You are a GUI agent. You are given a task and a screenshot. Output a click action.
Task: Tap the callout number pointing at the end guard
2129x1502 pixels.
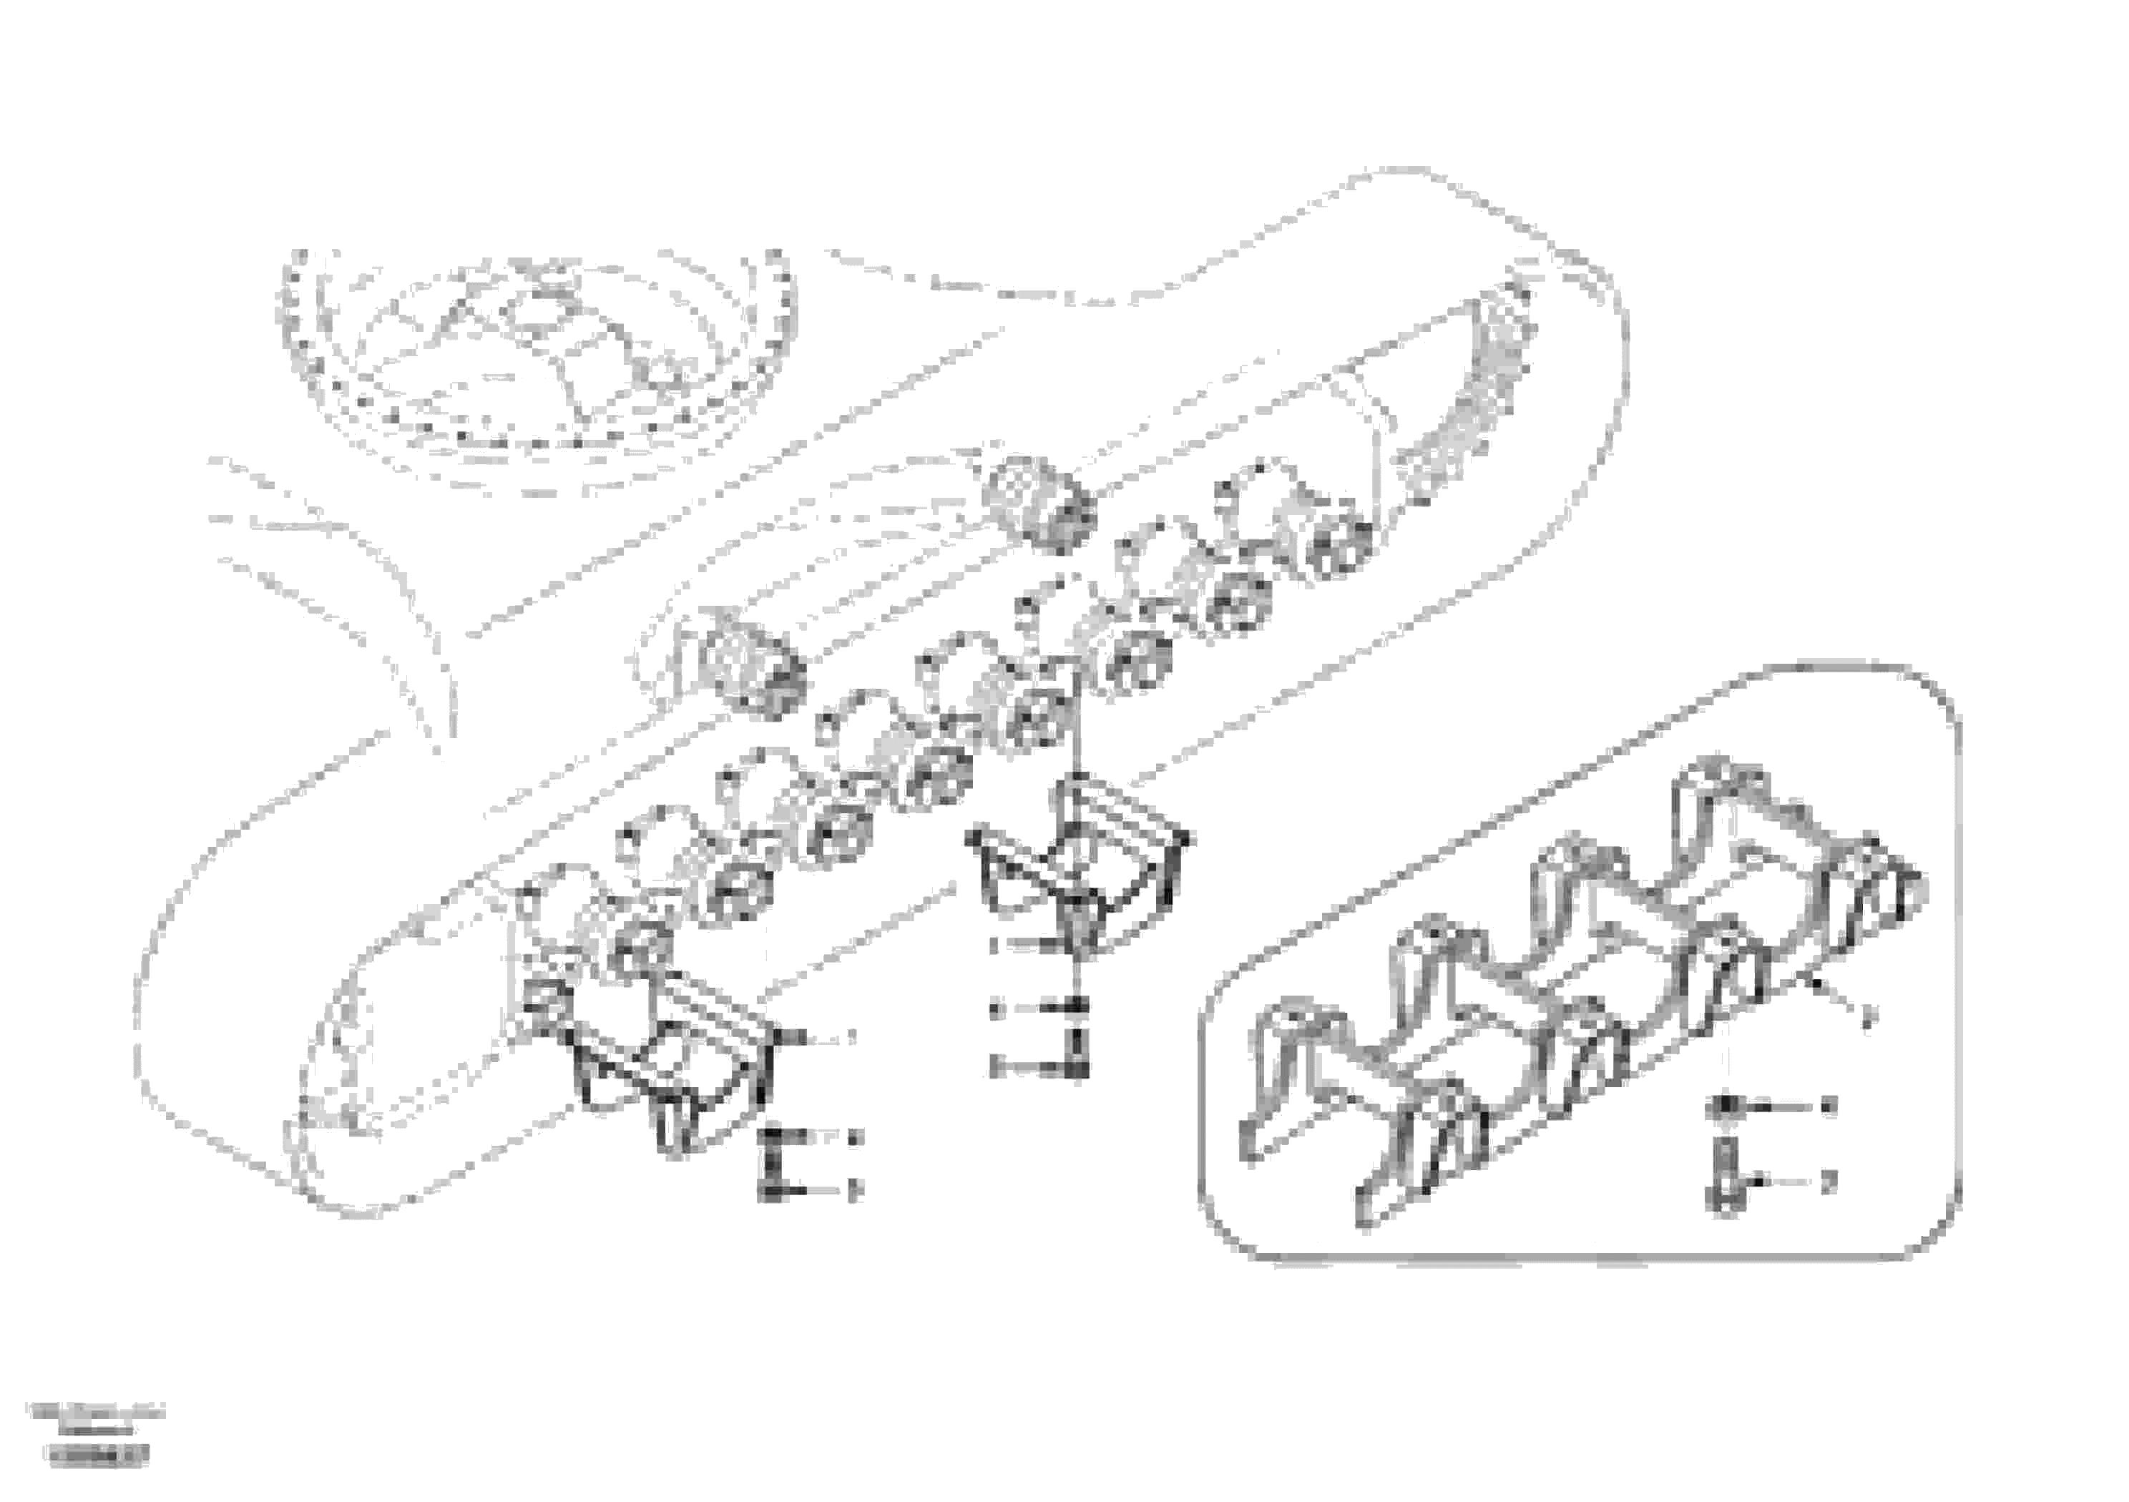click(x=851, y=1039)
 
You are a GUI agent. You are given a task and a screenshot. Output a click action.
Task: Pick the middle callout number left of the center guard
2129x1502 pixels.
click(x=994, y=1008)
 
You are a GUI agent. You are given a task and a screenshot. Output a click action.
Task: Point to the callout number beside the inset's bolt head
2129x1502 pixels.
click(x=1829, y=1106)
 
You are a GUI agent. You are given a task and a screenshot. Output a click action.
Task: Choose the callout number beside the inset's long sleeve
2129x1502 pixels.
click(x=1829, y=1183)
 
